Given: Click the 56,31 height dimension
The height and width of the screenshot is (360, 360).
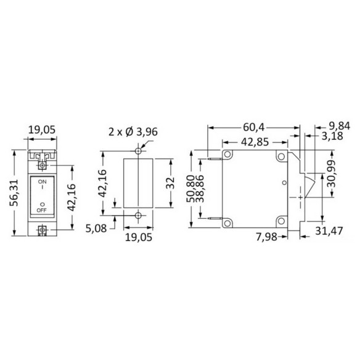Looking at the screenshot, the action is [14, 193].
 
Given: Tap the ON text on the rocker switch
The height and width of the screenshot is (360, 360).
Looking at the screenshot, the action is [43, 182].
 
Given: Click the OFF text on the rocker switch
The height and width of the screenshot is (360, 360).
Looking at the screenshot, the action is [41, 210].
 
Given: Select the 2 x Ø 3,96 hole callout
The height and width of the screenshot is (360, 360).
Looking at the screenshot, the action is [133, 132].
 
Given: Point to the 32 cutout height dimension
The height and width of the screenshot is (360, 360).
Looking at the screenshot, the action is [170, 183].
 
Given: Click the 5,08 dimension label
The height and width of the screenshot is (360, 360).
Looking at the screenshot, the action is [96, 229].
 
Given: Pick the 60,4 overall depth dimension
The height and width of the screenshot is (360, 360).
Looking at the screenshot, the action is [254, 127].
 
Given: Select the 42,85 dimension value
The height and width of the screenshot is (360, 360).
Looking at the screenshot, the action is [255, 142].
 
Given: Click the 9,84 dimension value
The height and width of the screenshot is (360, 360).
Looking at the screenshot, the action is [340, 126].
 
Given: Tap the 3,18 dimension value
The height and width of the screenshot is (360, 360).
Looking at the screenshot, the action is [332, 136].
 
